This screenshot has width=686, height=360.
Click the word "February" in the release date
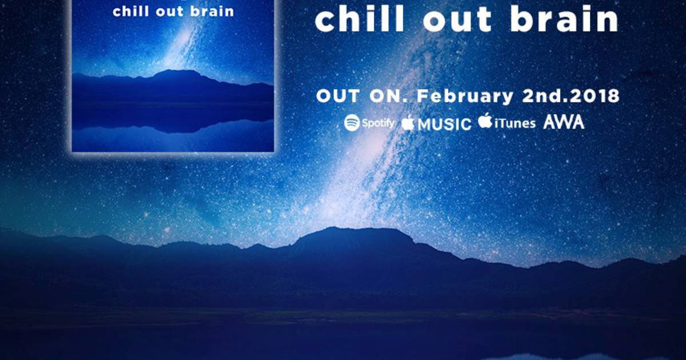click(465, 96)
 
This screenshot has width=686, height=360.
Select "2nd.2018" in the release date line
click(571, 96)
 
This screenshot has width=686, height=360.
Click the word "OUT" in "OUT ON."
click(338, 96)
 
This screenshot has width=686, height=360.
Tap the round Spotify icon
click(352, 123)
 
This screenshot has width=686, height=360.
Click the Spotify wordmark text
click(378, 123)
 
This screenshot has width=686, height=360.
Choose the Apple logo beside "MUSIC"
click(408, 123)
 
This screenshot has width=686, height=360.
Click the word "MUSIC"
click(444, 124)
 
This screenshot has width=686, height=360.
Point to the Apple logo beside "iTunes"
click(485, 121)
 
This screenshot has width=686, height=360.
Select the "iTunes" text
click(515, 123)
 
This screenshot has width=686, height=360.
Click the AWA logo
click(564, 122)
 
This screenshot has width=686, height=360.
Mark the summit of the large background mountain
click(361, 229)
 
